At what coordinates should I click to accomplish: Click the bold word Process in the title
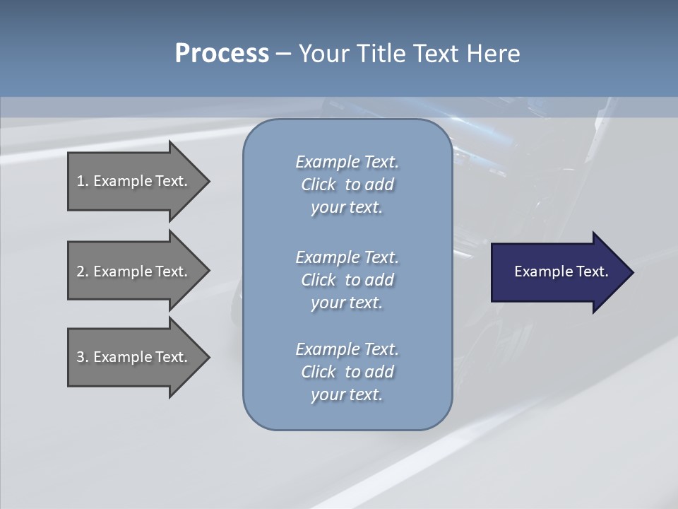click(x=222, y=54)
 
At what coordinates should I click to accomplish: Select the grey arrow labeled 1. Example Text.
click(x=134, y=181)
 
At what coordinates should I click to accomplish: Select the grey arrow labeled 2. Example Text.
click(x=134, y=271)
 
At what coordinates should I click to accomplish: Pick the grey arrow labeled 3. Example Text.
click(x=134, y=357)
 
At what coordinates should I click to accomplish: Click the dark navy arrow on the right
click(x=558, y=271)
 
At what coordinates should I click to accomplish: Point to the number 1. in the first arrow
click(x=83, y=181)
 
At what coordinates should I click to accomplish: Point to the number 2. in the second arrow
click(x=83, y=271)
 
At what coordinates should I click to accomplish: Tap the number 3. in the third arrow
click(x=83, y=357)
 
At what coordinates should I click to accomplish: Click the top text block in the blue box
click(x=347, y=185)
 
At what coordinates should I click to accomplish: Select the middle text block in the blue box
click(x=347, y=279)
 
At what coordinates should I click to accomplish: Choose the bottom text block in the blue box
click(x=347, y=372)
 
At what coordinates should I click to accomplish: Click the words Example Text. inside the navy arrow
click(x=561, y=271)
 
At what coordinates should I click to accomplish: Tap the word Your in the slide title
click(x=324, y=54)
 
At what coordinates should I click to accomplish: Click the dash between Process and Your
click(x=283, y=54)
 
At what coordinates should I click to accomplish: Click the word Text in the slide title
click(x=436, y=54)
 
